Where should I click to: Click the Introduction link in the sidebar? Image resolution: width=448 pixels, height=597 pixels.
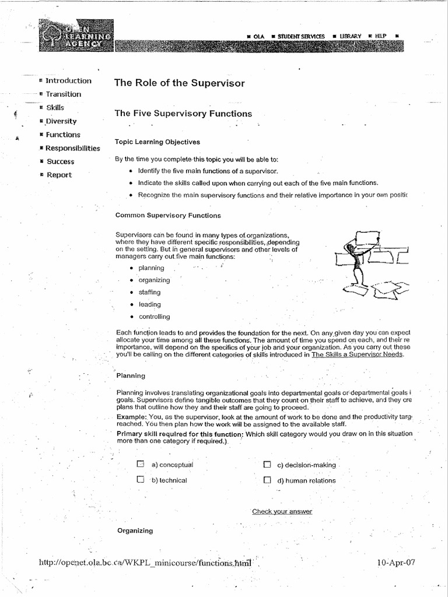click(68, 81)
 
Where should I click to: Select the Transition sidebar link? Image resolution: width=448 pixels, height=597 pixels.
click(64, 94)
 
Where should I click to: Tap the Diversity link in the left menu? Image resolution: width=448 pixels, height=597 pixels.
click(61, 121)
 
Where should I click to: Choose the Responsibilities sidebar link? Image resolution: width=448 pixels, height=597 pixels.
click(73, 148)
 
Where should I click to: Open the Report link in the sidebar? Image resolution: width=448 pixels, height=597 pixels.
click(59, 175)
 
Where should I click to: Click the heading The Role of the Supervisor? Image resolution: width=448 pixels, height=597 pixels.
click(180, 83)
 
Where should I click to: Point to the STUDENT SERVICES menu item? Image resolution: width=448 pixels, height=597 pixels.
click(301, 36)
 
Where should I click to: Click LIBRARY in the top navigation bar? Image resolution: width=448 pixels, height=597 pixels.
click(351, 36)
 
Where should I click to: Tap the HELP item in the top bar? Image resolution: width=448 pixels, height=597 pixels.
click(380, 36)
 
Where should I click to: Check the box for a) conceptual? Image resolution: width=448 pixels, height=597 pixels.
click(140, 465)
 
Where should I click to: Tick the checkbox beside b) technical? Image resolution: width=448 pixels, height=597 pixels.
click(140, 480)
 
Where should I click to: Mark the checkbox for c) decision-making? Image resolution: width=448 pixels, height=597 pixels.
click(267, 465)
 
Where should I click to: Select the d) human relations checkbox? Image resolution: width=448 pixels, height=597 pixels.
click(267, 480)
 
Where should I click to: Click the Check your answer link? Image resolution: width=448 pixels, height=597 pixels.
click(282, 511)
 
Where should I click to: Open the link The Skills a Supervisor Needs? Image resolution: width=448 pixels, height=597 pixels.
click(357, 354)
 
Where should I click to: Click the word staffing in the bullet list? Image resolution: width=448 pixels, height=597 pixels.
click(149, 292)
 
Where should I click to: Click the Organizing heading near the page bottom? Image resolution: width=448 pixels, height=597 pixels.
click(135, 531)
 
